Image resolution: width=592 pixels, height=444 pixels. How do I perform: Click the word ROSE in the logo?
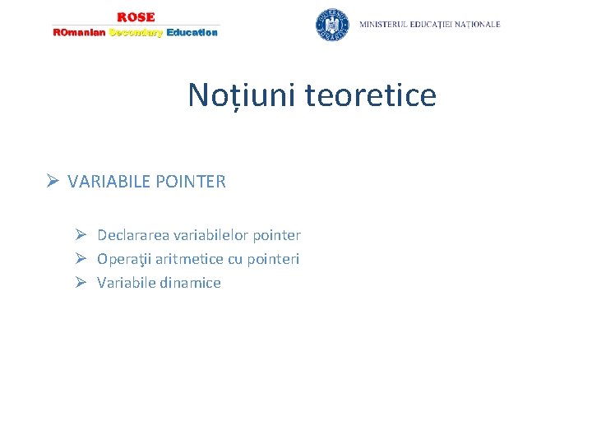coord(136,16)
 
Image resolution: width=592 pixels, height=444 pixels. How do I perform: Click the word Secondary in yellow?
coord(136,32)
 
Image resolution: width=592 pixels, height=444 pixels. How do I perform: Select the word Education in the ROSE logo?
coord(192,32)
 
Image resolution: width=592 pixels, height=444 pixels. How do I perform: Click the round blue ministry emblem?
coord(332,25)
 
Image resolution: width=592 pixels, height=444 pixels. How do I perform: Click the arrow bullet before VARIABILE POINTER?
coord(53,182)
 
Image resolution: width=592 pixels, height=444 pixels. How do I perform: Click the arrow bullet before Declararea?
coord(81,235)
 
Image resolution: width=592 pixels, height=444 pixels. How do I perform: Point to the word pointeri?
coord(273,259)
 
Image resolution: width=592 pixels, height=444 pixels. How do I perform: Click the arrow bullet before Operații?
coord(81,259)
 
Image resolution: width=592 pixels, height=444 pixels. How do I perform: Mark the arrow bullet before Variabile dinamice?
coord(81,283)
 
